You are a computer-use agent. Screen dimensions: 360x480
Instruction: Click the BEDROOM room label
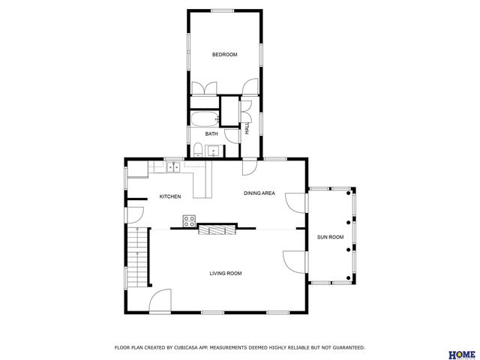coord(224,55)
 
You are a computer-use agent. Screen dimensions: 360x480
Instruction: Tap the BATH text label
coord(211,134)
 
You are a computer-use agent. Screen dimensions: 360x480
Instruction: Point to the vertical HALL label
coord(246,128)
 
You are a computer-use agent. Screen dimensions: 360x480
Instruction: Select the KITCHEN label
coord(169,196)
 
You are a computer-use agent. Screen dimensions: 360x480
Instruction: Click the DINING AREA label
coord(259,193)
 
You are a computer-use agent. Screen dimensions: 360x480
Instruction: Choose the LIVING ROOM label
coord(225,273)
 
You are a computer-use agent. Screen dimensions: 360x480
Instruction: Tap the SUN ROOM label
coord(330,237)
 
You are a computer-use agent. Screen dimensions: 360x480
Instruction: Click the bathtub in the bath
coord(203,118)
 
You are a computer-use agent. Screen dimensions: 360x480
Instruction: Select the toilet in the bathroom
coord(196,150)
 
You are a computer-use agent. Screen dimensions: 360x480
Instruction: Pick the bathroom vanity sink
coord(214,151)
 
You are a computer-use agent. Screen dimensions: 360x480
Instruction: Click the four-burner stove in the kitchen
coord(190,220)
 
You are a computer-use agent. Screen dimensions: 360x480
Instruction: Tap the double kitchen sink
coord(172,167)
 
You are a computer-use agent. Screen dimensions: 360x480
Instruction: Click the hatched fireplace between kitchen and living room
coord(216,230)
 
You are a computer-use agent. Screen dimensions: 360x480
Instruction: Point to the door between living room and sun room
coord(295,261)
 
